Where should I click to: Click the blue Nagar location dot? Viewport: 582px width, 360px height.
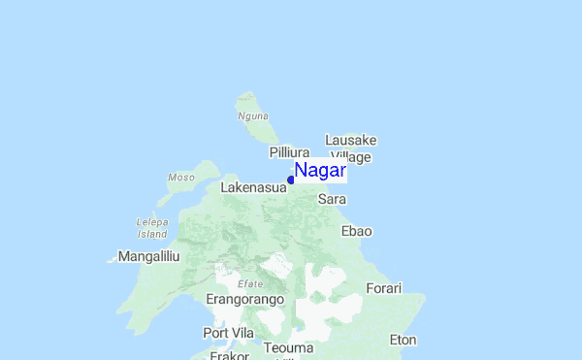(291, 180)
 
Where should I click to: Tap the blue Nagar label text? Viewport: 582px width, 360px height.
(320, 171)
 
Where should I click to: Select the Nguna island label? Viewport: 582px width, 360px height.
(252, 116)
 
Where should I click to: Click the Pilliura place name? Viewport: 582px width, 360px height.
(289, 153)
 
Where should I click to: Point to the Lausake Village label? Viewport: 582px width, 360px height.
(351, 148)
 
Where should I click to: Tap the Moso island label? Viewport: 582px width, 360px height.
(181, 178)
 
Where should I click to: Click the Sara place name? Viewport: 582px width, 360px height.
(333, 199)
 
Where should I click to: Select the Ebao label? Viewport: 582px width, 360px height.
(357, 231)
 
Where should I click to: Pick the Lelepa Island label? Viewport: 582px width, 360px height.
(153, 228)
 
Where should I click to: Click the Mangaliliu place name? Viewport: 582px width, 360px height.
(148, 256)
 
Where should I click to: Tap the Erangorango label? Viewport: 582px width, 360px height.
(244, 300)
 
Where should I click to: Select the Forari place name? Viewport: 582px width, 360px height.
(383, 288)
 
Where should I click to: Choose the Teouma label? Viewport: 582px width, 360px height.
(288, 347)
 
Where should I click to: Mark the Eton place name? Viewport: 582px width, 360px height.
(403, 340)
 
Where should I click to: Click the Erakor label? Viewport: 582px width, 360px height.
(230, 355)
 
